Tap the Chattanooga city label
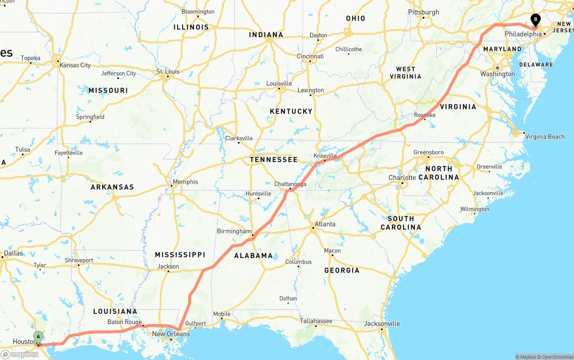[x=290, y=184]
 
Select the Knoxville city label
[x=325, y=156]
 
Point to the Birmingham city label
[x=234, y=231]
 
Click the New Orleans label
[x=171, y=334]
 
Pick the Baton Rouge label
[x=125, y=322]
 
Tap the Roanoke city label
[x=425, y=115]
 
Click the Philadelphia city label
[x=523, y=34]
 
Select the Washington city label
[x=497, y=74]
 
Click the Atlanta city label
[x=325, y=224]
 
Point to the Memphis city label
[x=185, y=182]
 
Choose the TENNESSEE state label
[x=274, y=160]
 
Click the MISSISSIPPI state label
[x=180, y=255]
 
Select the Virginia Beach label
[x=544, y=137]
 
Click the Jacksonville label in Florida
[x=382, y=324]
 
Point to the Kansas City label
[x=75, y=65]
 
